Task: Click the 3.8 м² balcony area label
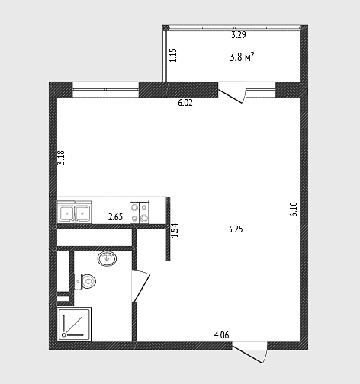[x=242, y=57]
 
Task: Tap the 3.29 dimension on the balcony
[x=239, y=35]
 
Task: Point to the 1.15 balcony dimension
[x=173, y=55]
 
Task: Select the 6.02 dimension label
[x=185, y=103]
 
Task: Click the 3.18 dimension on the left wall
[x=61, y=158]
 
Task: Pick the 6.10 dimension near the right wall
[x=294, y=209]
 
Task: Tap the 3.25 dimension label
[x=236, y=229]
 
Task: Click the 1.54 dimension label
[x=175, y=230]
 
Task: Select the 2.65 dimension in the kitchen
[x=115, y=217]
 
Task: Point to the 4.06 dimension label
[x=221, y=335]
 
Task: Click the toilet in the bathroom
[x=85, y=281]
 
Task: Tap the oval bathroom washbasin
[x=107, y=259]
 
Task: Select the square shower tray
[x=74, y=325]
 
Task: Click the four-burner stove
[x=140, y=212]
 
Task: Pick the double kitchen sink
[x=74, y=213]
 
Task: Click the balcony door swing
[x=232, y=94]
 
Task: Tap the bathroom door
[x=140, y=286]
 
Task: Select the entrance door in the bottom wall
[x=250, y=352]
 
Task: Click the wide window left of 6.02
[x=106, y=89]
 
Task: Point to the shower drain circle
[x=64, y=335]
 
